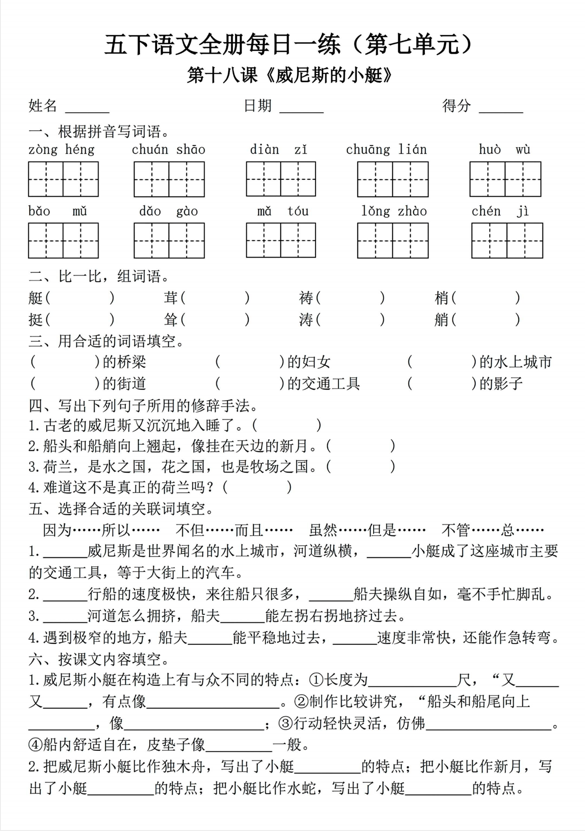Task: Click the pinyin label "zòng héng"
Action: point(61,150)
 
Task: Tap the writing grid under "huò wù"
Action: point(505,179)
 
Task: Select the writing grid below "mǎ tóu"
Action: point(281,241)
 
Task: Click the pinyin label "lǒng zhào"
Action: point(394,211)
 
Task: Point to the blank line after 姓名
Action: point(87,108)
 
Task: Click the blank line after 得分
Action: point(501,108)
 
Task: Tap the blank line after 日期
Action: point(302,108)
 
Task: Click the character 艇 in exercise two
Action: point(36,298)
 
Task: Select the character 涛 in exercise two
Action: point(306,320)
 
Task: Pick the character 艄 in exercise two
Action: point(441,320)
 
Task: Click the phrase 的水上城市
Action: point(515,362)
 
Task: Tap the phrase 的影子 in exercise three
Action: point(501,383)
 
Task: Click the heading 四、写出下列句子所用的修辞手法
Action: point(144,406)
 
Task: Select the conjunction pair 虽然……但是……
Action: point(367,530)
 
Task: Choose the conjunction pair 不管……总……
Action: point(493,530)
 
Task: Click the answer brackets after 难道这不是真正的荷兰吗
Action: point(257,487)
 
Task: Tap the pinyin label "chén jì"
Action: point(500,211)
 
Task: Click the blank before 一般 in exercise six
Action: point(239,745)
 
